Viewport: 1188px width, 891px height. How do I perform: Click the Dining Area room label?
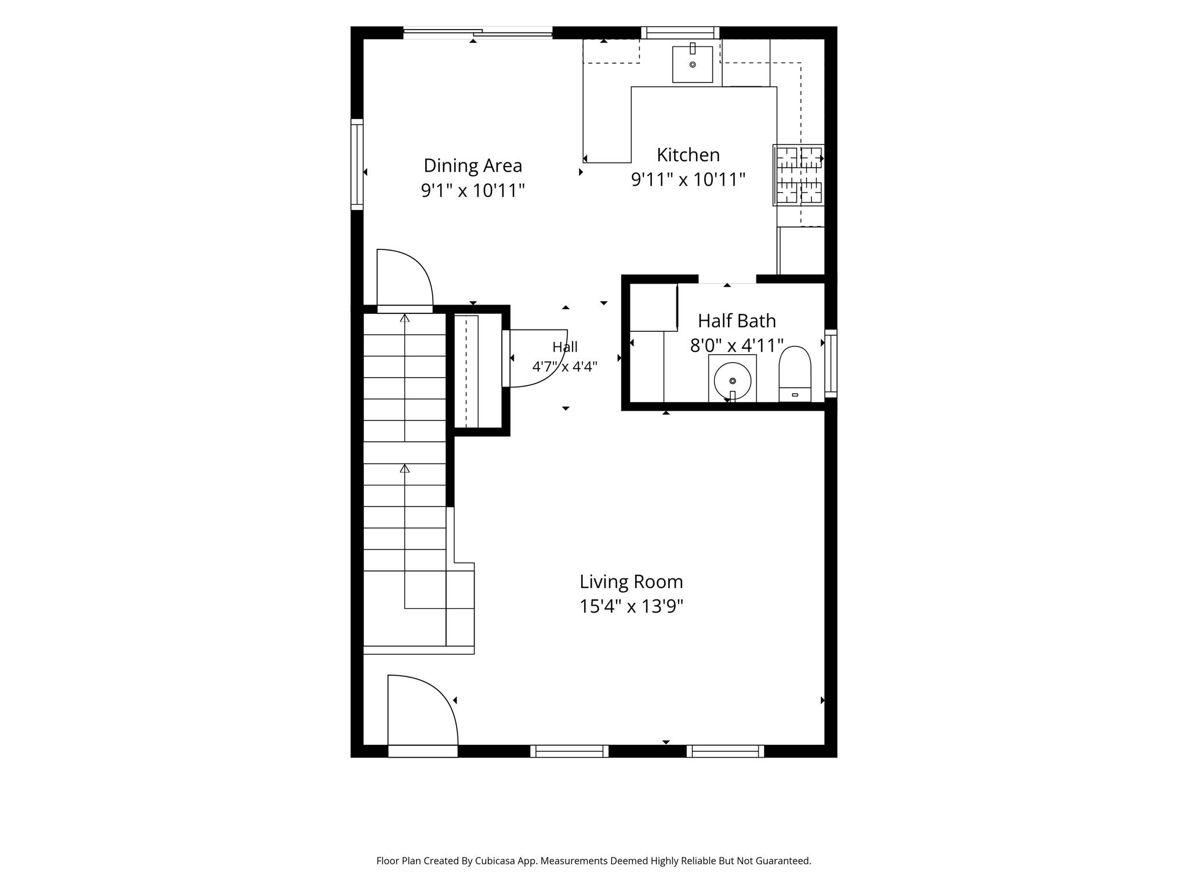[x=473, y=166]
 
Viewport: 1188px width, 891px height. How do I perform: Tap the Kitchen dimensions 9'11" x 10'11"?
[x=688, y=179]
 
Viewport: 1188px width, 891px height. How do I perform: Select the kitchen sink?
[x=693, y=64]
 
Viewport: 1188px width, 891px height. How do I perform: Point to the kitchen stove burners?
[x=799, y=175]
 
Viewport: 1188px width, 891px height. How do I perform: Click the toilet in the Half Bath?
[x=795, y=374]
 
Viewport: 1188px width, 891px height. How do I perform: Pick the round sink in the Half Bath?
[x=733, y=381]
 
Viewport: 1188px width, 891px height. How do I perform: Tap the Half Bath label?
[x=737, y=321]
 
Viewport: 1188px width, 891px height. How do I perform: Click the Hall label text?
[x=565, y=347]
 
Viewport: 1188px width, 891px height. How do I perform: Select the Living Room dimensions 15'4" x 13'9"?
[x=631, y=606]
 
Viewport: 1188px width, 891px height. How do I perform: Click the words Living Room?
[x=631, y=581]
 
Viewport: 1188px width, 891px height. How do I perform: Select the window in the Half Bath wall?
[x=831, y=363]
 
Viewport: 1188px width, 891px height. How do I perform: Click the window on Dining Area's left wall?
[x=357, y=165]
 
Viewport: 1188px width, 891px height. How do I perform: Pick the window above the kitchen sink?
[x=680, y=32]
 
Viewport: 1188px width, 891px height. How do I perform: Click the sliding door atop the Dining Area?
[x=477, y=33]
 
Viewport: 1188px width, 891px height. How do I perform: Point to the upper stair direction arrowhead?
[x=405, y=318]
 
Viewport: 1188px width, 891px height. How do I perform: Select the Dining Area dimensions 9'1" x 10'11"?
[x=473, y=190]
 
